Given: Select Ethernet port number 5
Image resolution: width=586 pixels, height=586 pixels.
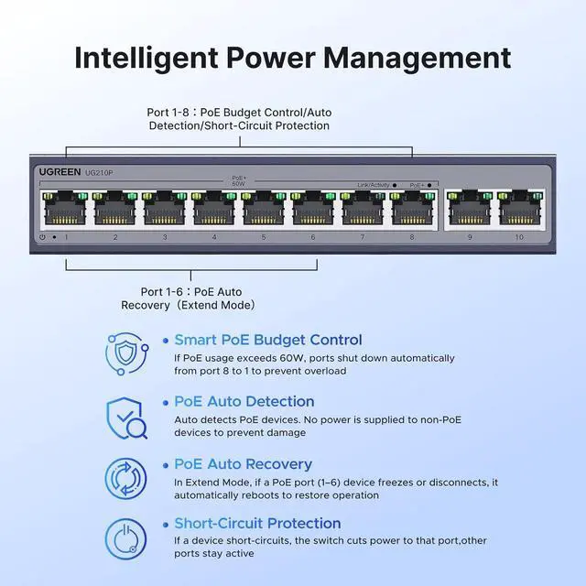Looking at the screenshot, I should click(264, 209).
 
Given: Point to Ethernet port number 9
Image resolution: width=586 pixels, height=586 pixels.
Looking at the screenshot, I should click(470, 209).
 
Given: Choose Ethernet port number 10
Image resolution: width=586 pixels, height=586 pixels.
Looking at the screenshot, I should click(519, 209).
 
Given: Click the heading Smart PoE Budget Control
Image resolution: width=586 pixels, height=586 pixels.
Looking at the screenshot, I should click(268, 340).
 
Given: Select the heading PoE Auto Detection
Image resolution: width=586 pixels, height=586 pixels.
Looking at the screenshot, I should click(244, 401).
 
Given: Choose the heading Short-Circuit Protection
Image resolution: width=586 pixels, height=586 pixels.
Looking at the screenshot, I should click(257, 524).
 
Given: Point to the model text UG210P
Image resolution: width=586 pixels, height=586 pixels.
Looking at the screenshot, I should click(99, 172).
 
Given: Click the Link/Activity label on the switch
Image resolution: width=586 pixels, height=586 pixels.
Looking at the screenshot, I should click(374, 184).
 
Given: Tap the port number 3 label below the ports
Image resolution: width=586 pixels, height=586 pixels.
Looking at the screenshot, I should click(165, 237).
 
